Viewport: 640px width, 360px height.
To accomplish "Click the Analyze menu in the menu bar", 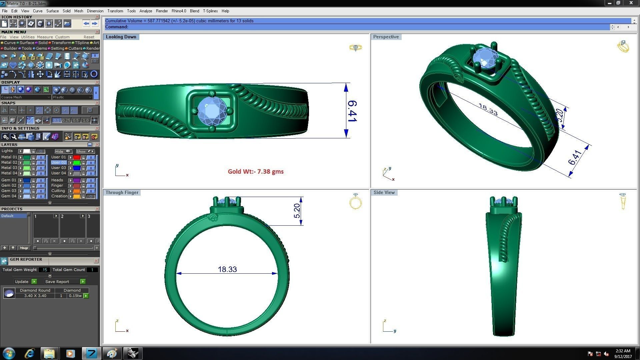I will [146, 11].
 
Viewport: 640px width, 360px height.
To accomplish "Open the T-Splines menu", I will [210, 11].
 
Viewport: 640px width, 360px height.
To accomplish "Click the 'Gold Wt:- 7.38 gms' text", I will [256, 172].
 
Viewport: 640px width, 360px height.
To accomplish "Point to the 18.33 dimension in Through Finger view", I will [227, 269].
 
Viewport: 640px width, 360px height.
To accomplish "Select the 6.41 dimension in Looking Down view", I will [352, 111].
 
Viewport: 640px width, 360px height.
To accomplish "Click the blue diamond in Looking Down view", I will [212, 111].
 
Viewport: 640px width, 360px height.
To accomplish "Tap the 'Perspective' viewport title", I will [386, 37].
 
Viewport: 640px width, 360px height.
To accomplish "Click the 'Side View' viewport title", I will [384, 193].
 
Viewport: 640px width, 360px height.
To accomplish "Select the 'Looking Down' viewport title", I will [121, 37].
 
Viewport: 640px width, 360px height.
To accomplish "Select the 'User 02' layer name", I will [59, 163].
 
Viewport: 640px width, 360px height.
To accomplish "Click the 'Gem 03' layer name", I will [9, 191].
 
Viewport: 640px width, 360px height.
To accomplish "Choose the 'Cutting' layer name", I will [58, 191].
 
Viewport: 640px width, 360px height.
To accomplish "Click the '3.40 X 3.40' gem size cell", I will [35, 296].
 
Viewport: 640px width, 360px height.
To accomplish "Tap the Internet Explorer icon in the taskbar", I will [30, 353].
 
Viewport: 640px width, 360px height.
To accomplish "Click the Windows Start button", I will [9, 353].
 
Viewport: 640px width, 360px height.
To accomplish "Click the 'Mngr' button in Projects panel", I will [24, 248].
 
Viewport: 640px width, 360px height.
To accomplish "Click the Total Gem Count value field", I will [92, 270].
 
